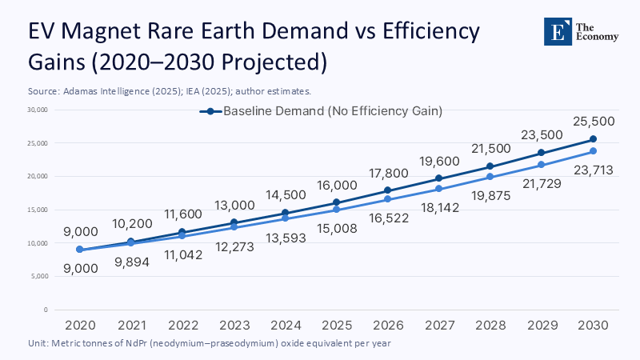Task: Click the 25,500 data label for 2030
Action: pyautogui.click(x=593, y=121)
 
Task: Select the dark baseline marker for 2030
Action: pyautogui.click(x=593, y=139)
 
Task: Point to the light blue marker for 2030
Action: pyautogui.click(x=593, y=151)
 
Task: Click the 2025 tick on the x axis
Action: pyautogui.click(x=336, y=326)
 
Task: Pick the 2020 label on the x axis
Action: pyautogui.click(x=79, y=326)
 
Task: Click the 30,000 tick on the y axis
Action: pyautogui.click(x=37, y=110)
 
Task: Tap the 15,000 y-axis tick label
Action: pyautogui.click(x=37, y=210)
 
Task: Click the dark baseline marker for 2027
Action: pyautogui.click(x=438, y=178)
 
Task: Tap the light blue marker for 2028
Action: pyautogui.click(x=490, y=177)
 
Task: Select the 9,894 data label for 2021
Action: pyautogui.click(x=130, y=260)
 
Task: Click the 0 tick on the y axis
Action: pyautogui.click(x=46, y=310)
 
